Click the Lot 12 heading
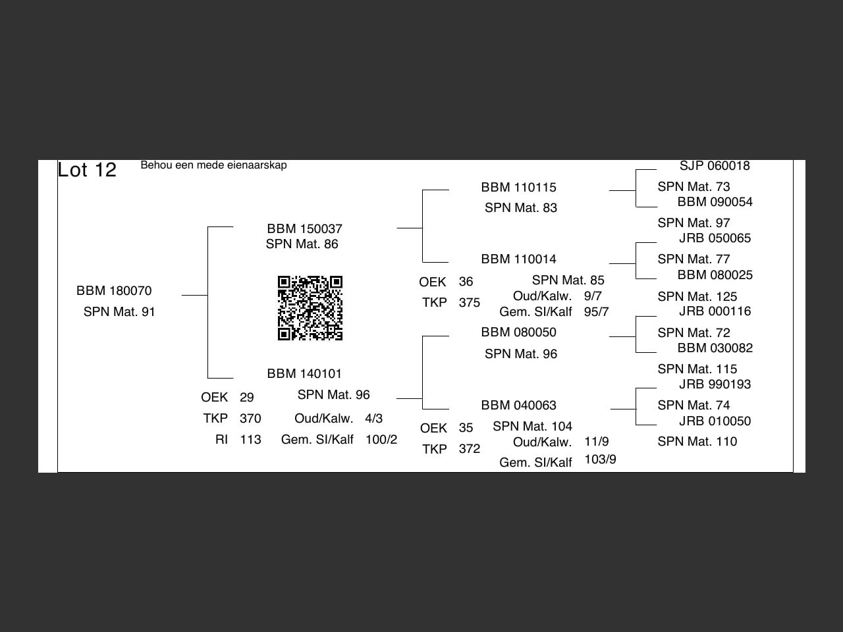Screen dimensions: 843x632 tap(87, 170)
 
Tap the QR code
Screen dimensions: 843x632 tap(310, 308)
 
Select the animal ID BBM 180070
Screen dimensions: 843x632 tap(114, 290)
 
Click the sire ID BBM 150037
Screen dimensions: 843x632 tap(304, 228)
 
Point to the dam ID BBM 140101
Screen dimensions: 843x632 tap(304, 373)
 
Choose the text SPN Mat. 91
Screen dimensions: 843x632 tap(119, 311)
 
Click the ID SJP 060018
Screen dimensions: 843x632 tap(715, 165)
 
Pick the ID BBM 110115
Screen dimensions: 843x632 tap(518, 187)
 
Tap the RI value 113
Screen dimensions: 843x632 tap(250, 439)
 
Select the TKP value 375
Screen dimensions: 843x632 tap(470, 303)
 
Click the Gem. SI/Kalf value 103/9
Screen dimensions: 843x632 tap(600, 460)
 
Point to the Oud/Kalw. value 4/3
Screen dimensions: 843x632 tap(373, 418)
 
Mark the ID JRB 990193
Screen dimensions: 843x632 tap(715, 384)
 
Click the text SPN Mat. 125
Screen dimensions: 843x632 tap(697, 297)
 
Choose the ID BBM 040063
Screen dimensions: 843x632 tap(518, 406)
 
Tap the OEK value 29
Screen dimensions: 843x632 tap(246, 397)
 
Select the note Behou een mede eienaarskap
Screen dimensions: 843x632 tap(213, 165)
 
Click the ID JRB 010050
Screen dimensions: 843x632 tap(715, 421)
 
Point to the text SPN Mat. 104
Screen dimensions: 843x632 tap(532, 427)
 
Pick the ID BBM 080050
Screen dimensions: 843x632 tap(518, 332)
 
